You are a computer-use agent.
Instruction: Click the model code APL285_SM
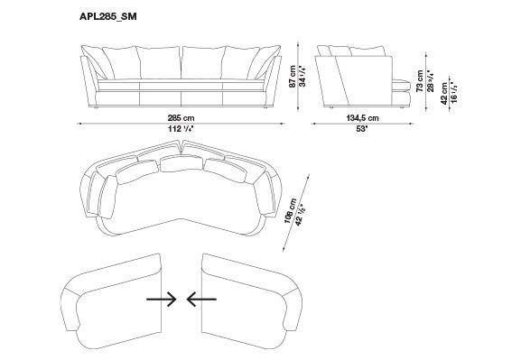(108, 16)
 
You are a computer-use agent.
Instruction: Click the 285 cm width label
(181, 117)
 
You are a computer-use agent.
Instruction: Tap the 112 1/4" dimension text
(181, 129)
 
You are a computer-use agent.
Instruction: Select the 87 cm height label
(293, 77)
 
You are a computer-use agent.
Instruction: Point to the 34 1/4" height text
(302, 77)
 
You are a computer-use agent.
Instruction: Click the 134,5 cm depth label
(362, 118)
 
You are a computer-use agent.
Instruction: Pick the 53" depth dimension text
(362, 129)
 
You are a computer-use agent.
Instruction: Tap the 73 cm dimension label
(421, 80)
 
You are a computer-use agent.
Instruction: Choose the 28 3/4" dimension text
(431, 80)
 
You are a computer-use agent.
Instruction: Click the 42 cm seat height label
(444, 94)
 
